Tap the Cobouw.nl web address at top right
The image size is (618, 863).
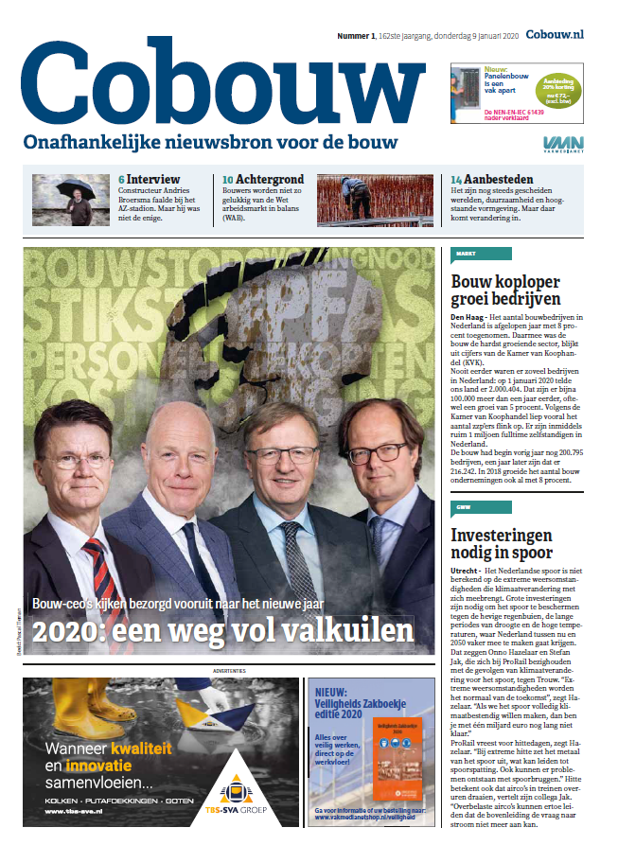tap(554, 34)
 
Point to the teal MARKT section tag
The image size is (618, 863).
tap(482, 254)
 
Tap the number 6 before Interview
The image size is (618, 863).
tap(121, 179)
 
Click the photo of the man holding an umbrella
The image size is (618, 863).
tap(71, 199)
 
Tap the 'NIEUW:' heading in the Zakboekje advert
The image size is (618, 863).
tap(331, 692)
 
